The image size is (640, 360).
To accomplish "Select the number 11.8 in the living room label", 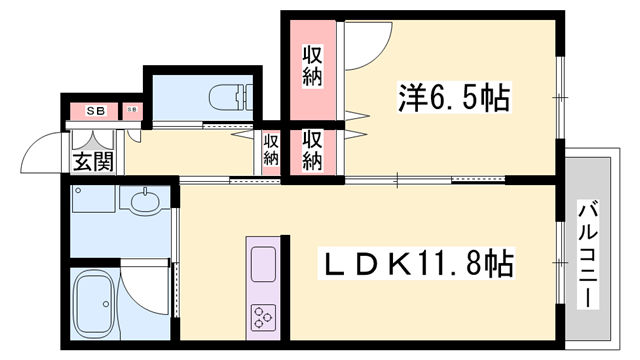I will coord(452,264).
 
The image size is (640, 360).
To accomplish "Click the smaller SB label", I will coord(133,109).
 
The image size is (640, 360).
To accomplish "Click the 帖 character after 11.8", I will coord(500,264).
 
